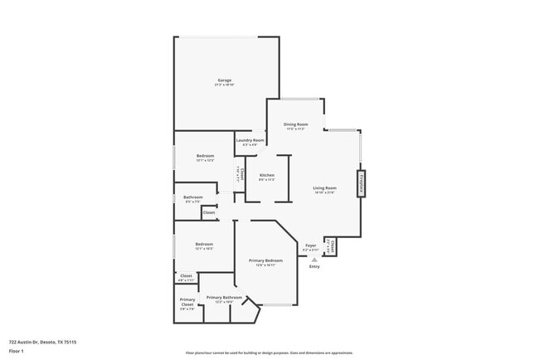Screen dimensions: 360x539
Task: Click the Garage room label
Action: pyautogui.click(x=224, y=80)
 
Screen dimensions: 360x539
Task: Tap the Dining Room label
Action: pyautogui.click(x=295, y=124)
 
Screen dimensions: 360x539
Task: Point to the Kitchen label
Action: pyautogui.click(x=266, y=175)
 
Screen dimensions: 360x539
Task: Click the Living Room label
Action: pyautogui.click(x=324, y=188)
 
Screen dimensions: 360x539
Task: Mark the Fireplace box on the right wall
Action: pyautogui.click(x=361, y=183)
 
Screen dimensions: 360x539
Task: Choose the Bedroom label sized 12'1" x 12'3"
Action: pyautogui.click(x=205, y=156)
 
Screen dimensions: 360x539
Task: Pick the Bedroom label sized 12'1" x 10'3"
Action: pyautogui.click(x=204, y=244)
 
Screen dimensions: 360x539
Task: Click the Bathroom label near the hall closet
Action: pyautogui.click(x=193, y=197)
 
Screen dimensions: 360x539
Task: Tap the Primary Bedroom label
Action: pyautogui.click(x=265, y=260)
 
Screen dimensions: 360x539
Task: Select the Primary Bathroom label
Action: pyautogui.click(x=224, y=298)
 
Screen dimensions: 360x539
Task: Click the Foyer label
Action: pyautogui.click(x=311, y=246)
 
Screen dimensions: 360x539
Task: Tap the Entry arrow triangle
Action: pyautogui.click(x=313, y=259)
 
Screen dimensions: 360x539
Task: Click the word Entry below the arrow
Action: pyautogui.click(x=313, y=266)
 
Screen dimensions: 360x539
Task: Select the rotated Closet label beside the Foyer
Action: pyautogui.click(x=329, y=246)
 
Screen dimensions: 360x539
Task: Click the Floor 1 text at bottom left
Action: pyautogui.click(x=17, y=351)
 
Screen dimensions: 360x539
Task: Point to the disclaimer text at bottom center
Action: pyautogui.click(x=269, y=353)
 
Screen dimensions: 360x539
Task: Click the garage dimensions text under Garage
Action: pyautogui.click(x=224, y=85)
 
